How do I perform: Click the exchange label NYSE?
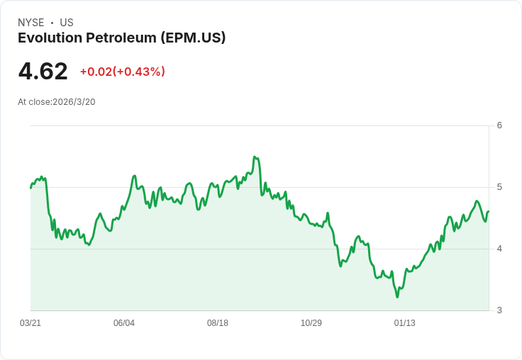click(x=30, y=23)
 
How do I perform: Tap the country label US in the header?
click(x=67, y=23)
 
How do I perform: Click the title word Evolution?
click(x=48, y=38)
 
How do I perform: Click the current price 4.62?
click(x=43, y=72)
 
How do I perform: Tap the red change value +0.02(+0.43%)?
click(x=122, y=72)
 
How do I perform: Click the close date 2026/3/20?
click(x=74, y=102)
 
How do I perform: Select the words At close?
click(x=34, y=102)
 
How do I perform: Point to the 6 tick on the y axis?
click(x=499, y=125)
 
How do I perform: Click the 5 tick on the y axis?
click(x=499, y=187)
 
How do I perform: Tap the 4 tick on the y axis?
click(x=499, y=249)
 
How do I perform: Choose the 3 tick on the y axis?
click(x=499, y=310)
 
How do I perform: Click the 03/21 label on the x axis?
click(x=30, y=323)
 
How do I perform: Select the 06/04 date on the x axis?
click(x=124, y=323)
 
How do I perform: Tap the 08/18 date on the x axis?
click(x=218, y=323)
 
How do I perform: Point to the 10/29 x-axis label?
click(x=311, y=323)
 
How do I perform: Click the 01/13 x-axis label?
click(x=405, y=323)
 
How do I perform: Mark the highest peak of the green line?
click(x=255, y=157)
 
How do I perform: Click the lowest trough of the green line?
click(x=397, y=296)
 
